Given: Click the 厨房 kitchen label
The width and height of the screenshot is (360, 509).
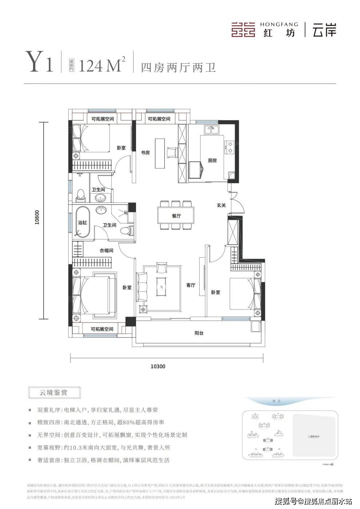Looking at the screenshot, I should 212,160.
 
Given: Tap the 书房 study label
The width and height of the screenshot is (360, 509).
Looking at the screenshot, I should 145,153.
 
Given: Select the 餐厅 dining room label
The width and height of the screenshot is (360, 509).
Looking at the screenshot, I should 176,216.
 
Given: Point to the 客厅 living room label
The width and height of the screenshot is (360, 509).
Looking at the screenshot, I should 191,285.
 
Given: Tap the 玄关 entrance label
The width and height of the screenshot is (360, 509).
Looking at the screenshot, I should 221,205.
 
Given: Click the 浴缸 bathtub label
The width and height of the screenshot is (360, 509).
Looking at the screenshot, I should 82,223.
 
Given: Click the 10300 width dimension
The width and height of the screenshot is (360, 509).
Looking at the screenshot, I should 158,366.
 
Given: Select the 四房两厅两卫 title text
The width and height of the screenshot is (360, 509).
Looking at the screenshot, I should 178,68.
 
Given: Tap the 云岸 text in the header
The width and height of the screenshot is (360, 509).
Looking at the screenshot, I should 324,30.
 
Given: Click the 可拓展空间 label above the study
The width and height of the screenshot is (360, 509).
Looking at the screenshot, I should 159,119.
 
